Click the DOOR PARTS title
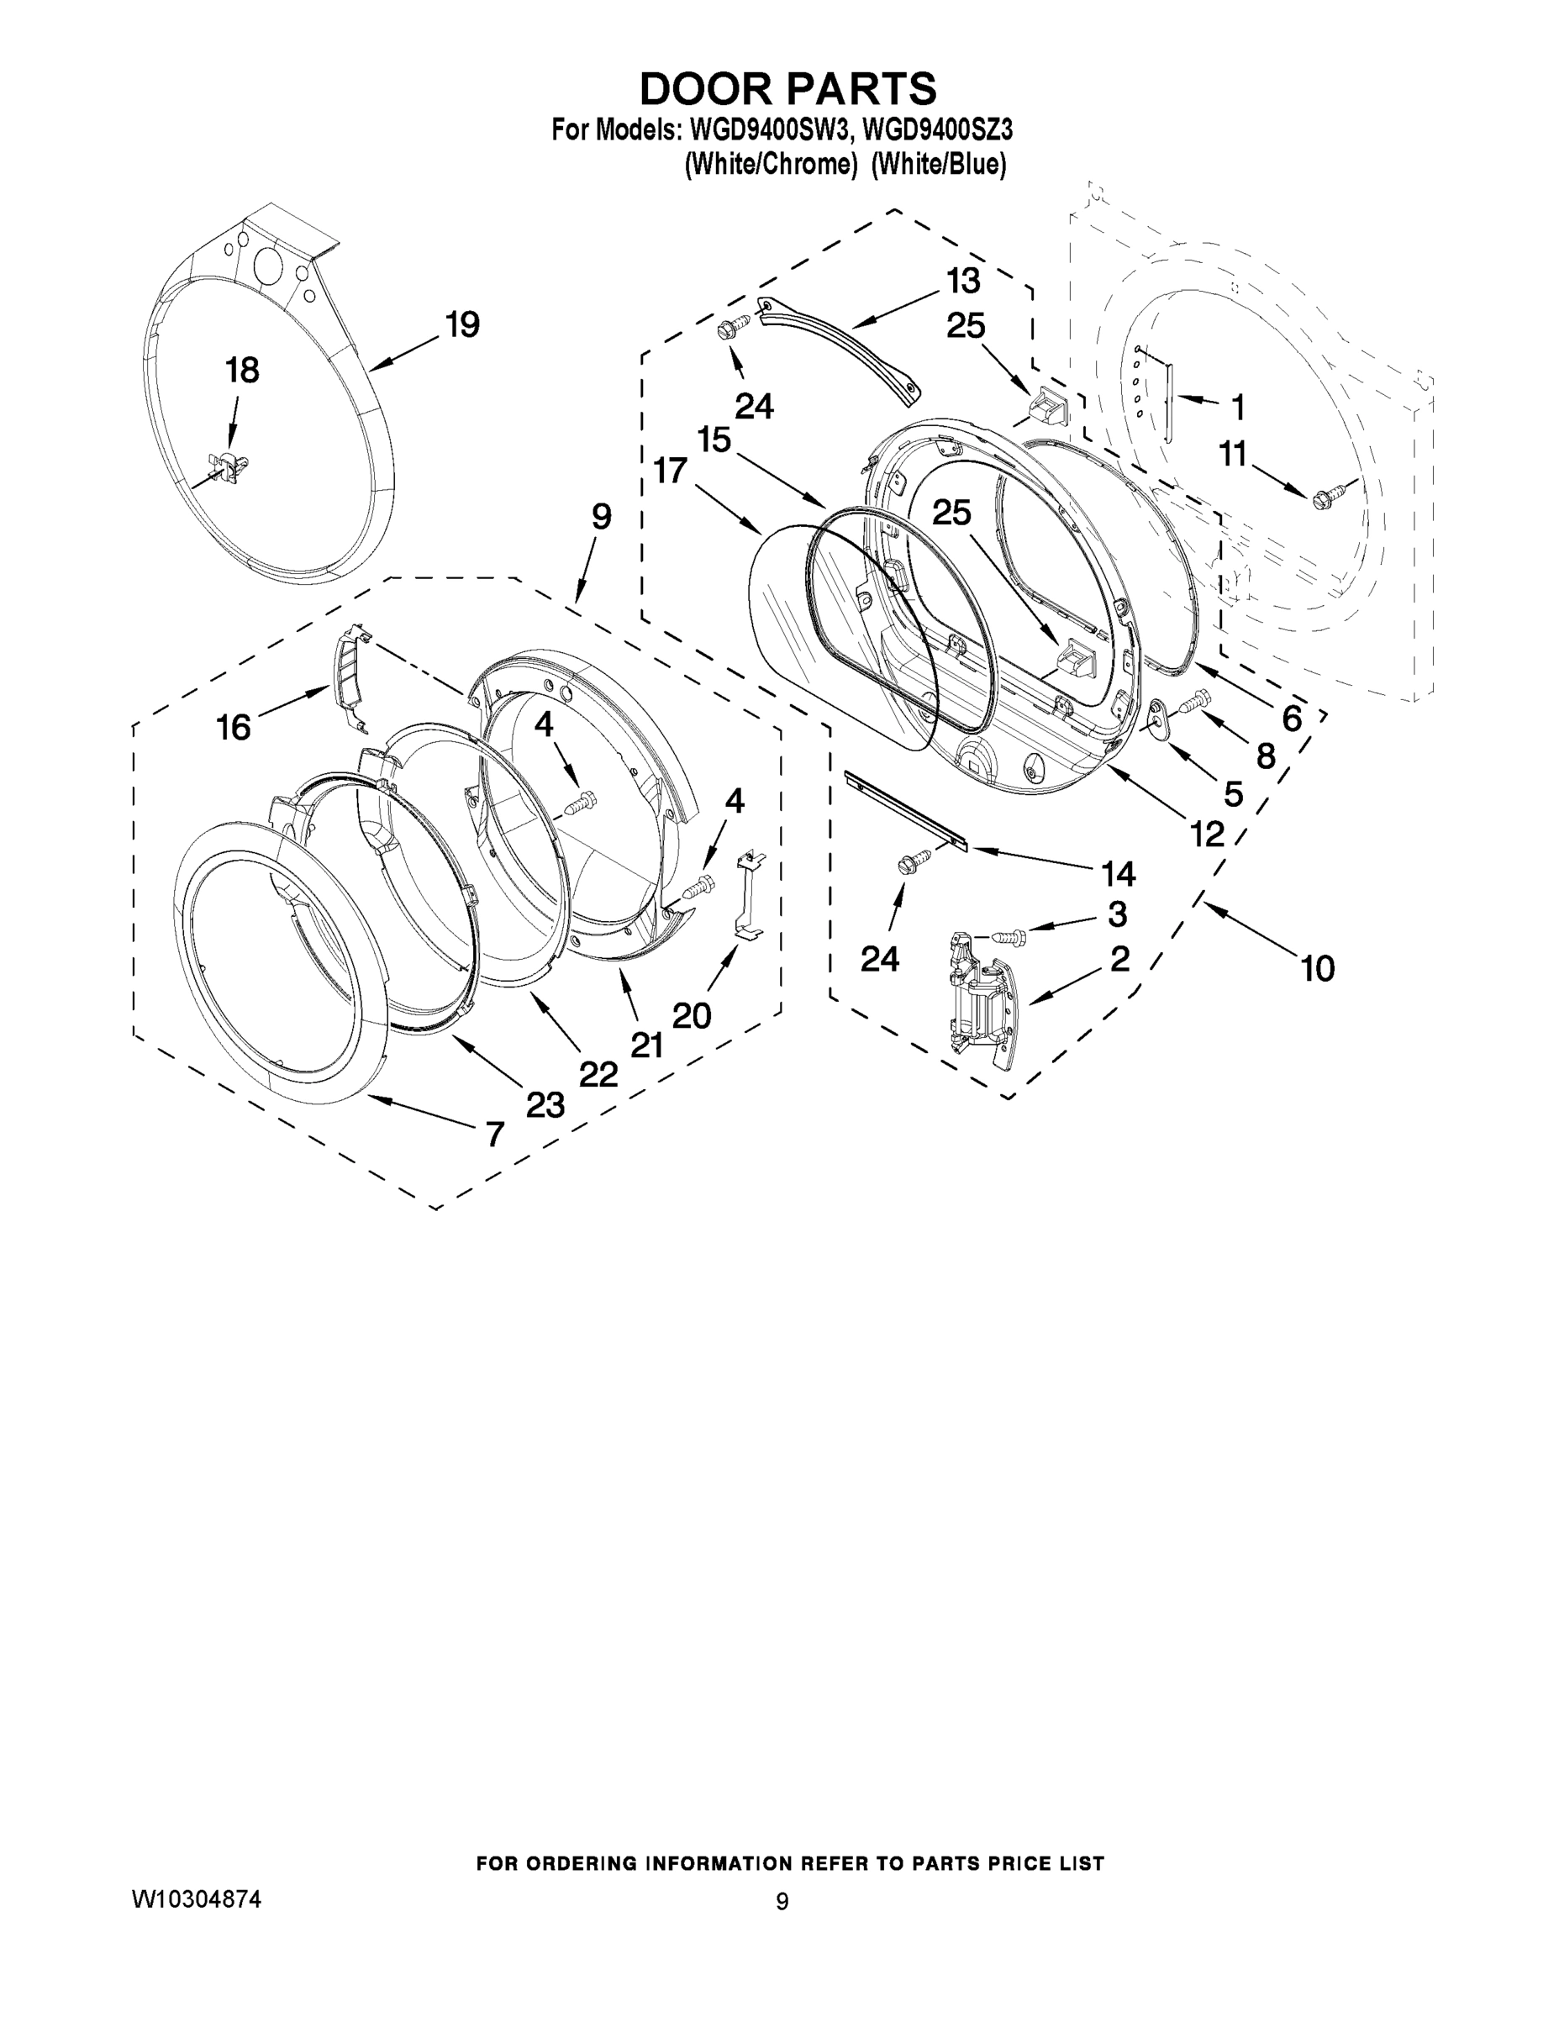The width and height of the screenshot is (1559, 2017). click(x=787, y=90)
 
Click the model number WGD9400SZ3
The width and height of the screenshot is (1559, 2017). click(x=936, y=130)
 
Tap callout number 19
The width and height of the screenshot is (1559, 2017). click(x=461, y=325)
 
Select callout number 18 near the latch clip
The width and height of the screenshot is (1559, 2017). click(x=242, y=371)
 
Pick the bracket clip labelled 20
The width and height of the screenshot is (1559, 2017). click(x=749, y=897)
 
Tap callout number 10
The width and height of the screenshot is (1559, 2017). click(x=1317, y=969)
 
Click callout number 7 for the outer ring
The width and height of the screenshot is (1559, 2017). click(x=495, y=1133)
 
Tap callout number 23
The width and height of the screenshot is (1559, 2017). click(x=545, y=1103)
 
